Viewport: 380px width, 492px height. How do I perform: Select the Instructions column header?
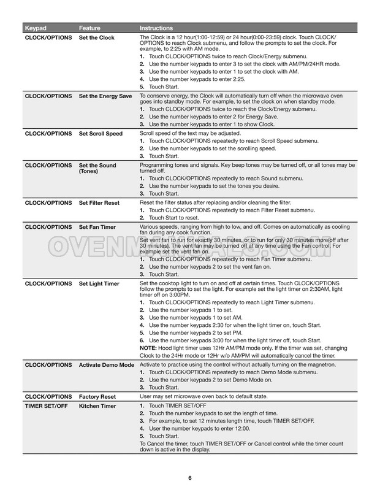coord(156,28)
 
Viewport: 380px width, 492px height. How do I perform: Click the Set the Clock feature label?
coord(96,37)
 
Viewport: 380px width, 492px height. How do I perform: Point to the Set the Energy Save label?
coord(105,97)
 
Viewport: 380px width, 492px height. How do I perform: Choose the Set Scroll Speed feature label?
coord(101,133)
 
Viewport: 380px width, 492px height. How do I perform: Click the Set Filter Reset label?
coord(99,202)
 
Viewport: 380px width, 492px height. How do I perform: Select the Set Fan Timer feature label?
coord(98,226)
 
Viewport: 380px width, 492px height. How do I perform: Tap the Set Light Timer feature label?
coord(99,284)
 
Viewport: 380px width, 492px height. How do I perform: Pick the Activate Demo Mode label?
coord(107,365)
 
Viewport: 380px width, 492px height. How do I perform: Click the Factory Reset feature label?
coord(97,397)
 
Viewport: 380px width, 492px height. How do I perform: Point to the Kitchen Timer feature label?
coord(97,406)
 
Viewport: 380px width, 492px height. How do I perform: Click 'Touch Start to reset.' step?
coord(178,217)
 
